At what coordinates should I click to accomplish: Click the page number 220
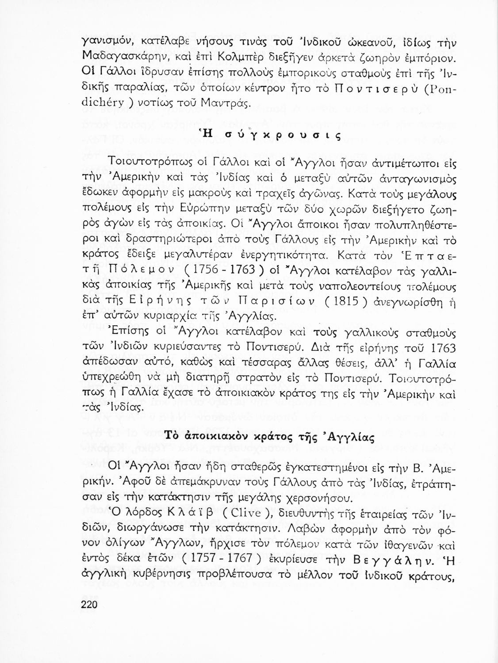pos(89,605)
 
